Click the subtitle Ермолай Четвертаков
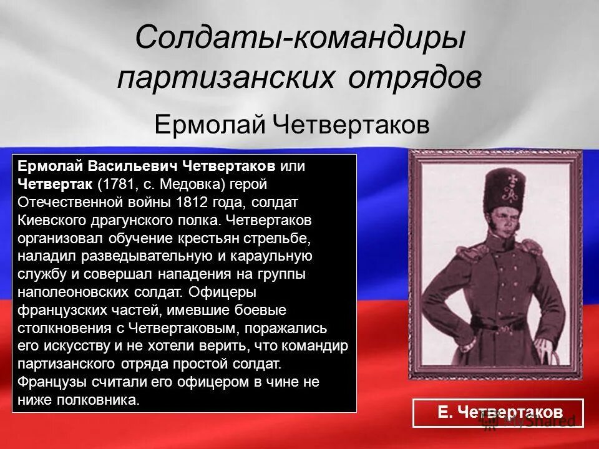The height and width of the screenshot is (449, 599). click(x=292, y=125)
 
